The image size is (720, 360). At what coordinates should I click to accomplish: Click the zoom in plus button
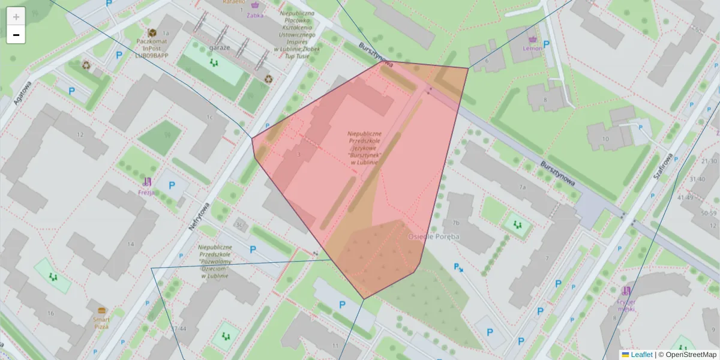click(16, 17)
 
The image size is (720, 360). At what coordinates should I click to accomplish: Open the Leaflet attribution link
click(641, 355)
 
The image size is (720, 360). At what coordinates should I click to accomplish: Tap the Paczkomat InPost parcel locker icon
click(152, 32)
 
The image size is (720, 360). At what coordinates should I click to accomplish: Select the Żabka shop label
click(254, 16)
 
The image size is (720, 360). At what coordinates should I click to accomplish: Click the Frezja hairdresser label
click(146, 193)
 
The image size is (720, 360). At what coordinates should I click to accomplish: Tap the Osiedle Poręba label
click(433, 236)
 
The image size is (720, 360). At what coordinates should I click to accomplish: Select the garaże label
click(220, 47)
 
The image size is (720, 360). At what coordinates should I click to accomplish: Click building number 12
click(80, 133)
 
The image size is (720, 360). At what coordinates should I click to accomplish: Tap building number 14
click(131, 244)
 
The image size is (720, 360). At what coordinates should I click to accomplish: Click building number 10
click(605, 139)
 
